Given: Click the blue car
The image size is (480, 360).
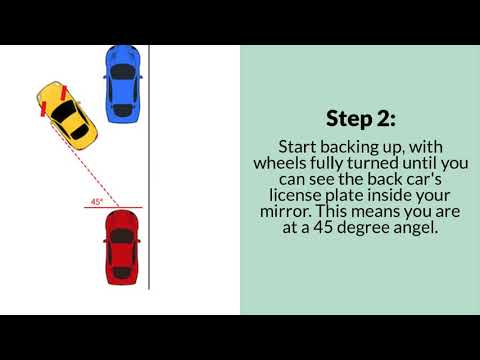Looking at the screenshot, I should click(x=121, y=79).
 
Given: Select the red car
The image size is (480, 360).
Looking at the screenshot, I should click(x=122, y=246).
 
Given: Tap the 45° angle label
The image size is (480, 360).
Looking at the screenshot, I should click(x=97, y=201).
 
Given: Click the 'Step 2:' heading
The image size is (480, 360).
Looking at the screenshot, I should click(x=360, y=116).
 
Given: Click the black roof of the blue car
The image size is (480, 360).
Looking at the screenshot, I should click(x=121, y=75).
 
